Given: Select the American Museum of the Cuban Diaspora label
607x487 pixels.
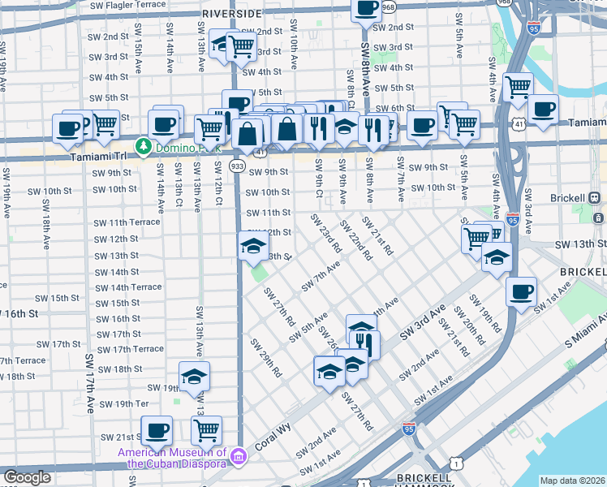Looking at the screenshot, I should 171,459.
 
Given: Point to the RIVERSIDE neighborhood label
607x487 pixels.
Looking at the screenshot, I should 232,15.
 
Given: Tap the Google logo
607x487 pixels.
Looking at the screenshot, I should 27,477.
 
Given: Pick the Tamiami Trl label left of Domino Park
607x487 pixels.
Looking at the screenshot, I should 101,156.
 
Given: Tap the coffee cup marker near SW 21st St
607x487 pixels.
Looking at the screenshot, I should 157,430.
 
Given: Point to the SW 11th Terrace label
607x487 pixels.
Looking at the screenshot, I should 127,222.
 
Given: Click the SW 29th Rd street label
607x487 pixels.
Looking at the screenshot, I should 265,357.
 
